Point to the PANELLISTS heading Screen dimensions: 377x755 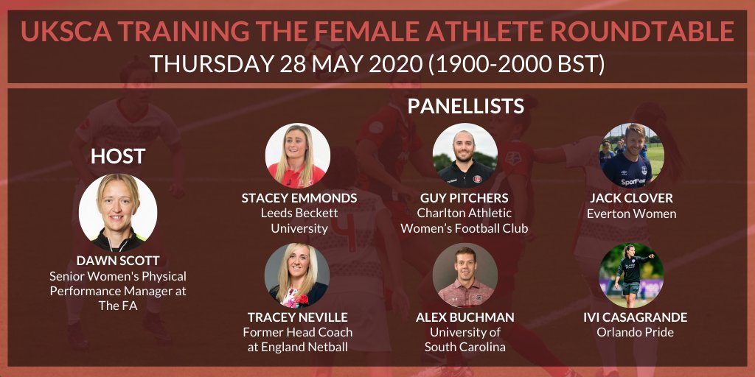[x=465, y=106]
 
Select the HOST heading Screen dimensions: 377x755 [x=117, y=156]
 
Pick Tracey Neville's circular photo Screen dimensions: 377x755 [x=296, y=275]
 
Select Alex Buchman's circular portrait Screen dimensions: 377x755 [x=465, y=275]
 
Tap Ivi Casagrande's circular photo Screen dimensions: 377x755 [x=631, y=275]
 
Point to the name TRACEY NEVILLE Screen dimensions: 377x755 [x=297, y=317]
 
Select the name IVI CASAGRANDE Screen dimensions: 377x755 [x=631, y=317]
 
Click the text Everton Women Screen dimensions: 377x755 [x=631, y=214]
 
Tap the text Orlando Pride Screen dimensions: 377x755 [x=631, y=333]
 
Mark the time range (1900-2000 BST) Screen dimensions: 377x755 [x=516, y=64]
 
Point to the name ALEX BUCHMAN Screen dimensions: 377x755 [x=465, y=317]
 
